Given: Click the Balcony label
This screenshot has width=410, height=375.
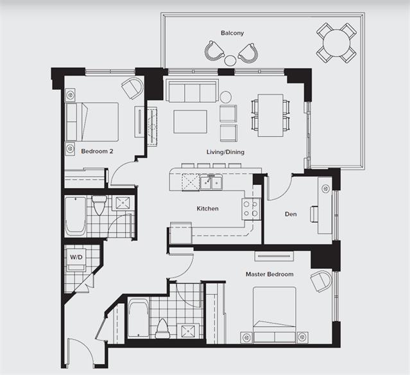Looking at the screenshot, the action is [x=232, y=33].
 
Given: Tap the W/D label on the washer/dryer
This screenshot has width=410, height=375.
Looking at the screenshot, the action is [x=76, y=257].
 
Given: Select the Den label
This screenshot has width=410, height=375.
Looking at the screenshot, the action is [x=291, y=214].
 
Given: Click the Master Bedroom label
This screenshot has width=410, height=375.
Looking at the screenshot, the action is [x=269, y=274].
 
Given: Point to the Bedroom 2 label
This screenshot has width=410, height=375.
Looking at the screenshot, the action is [x=97, y=152].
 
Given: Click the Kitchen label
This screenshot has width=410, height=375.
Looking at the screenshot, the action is [x=208, y=209].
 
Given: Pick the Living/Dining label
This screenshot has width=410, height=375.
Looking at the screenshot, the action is [x=225, y=152].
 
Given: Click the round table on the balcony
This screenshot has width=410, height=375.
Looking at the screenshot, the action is [x=336, y=42].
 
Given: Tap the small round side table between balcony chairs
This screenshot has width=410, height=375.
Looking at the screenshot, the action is [x=230, y=61].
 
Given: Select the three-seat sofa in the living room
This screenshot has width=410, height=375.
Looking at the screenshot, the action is [x=192, y=91].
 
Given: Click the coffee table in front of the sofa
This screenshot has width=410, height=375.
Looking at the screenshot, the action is [x=191, y=122].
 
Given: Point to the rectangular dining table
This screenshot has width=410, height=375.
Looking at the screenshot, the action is [x=271, y=116].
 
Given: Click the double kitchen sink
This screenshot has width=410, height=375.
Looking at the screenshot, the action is [x=211, y=182].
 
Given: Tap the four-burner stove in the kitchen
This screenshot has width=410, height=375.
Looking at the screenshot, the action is [x=251, y=209].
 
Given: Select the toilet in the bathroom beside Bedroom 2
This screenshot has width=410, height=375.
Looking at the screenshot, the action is [x=99, y=205].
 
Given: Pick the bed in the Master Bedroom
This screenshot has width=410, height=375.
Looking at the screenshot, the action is [x=275, y=315].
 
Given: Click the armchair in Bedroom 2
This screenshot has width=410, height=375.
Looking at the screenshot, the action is [x=133, y=88].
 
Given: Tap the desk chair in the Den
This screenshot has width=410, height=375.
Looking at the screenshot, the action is [x=314, y=214].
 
